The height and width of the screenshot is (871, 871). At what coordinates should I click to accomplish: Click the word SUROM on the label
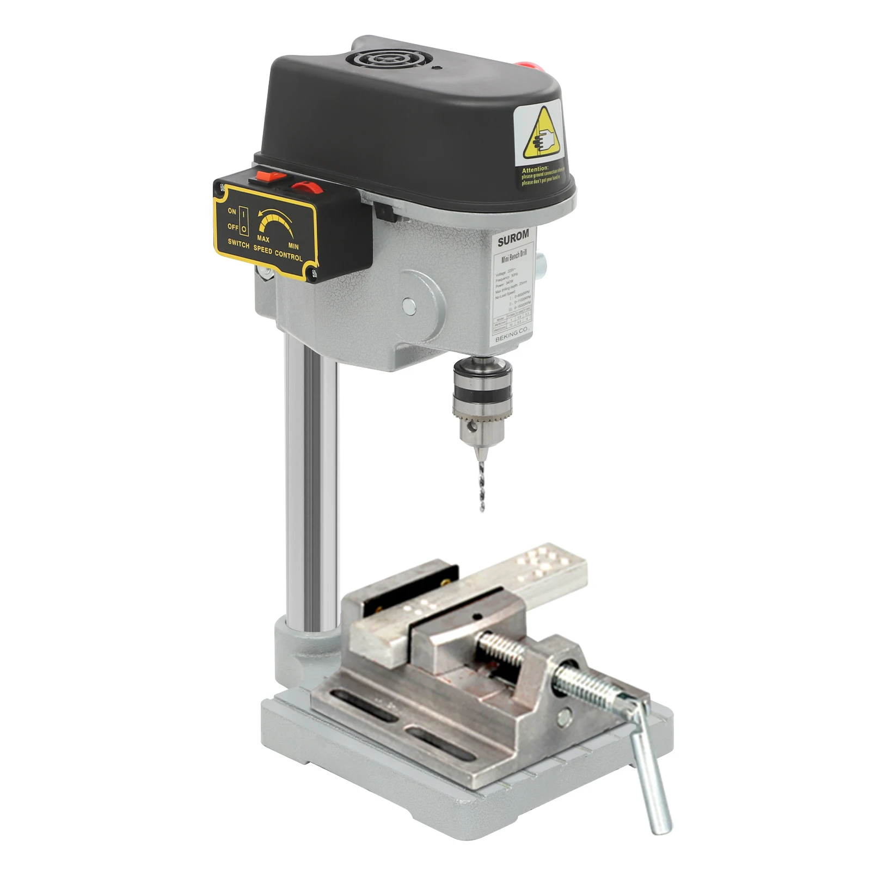pyautogui.click(x=513, y=238)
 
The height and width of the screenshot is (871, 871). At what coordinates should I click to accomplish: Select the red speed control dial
pyautogui.click(x=306, y=187)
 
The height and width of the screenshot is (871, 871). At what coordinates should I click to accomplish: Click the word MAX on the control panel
pyautogui.click(x=263, y=239)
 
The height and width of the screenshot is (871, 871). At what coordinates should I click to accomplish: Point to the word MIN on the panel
pyautogui.click(x=293, y=247)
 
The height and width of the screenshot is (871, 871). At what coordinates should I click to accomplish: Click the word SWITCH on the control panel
pyautogui.click(x=238, y=243)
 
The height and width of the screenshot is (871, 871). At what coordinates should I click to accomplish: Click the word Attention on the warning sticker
pyautogui.click(x=535, y=170)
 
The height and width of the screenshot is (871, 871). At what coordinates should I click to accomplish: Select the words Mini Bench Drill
pyautogui.click(x=513, y=256)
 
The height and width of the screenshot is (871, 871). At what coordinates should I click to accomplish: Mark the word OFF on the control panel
pyautogui.click(x=233, y=226)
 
